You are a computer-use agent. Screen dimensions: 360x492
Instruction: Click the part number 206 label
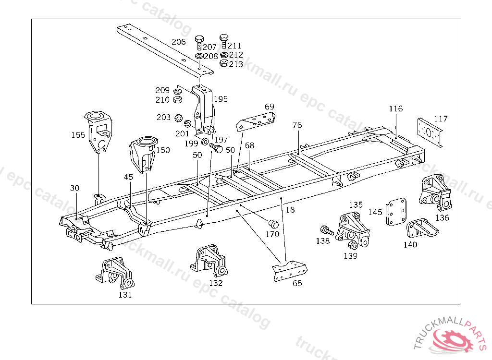coord(178,42)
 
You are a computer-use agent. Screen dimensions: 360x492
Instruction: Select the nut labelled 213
coord(223,63)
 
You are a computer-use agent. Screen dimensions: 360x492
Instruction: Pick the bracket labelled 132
coord(209,262)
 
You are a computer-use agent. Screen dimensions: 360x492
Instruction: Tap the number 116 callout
coord(396,109)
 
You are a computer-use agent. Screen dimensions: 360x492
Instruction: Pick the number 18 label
coord(289,210)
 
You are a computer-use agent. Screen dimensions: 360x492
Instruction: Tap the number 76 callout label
coord(297,125)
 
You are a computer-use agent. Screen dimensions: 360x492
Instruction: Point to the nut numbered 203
coord(177,118)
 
